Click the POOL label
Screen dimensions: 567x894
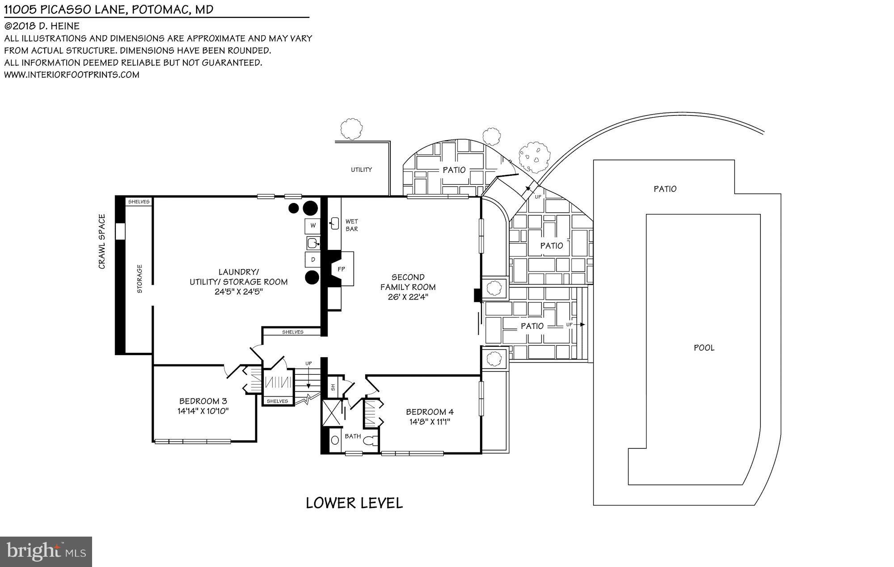click(704, 347)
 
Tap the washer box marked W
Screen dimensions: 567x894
click(313, 225)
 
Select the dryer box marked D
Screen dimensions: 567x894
click(313, 259)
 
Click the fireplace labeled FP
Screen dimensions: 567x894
click(342, 269)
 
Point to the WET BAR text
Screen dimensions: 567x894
click(351, 225)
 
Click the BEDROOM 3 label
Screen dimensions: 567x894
click(203, 401)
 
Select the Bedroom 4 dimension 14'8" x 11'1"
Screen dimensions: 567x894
click(430, 421)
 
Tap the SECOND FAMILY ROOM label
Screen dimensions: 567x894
click(408, 282)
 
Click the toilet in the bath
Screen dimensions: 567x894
click(369, 441)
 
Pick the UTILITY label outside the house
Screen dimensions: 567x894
click(361, 169)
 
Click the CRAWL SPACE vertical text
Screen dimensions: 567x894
click(102, 241)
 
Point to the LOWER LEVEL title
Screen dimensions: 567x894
click(354, 503)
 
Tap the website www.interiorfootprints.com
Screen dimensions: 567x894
click(72, 75)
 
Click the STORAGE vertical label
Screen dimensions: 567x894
click(139, 279)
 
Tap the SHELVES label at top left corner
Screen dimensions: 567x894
click(139, 202)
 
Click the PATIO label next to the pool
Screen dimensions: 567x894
click(665, 189)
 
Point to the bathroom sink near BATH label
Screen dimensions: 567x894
click(335, 440)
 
